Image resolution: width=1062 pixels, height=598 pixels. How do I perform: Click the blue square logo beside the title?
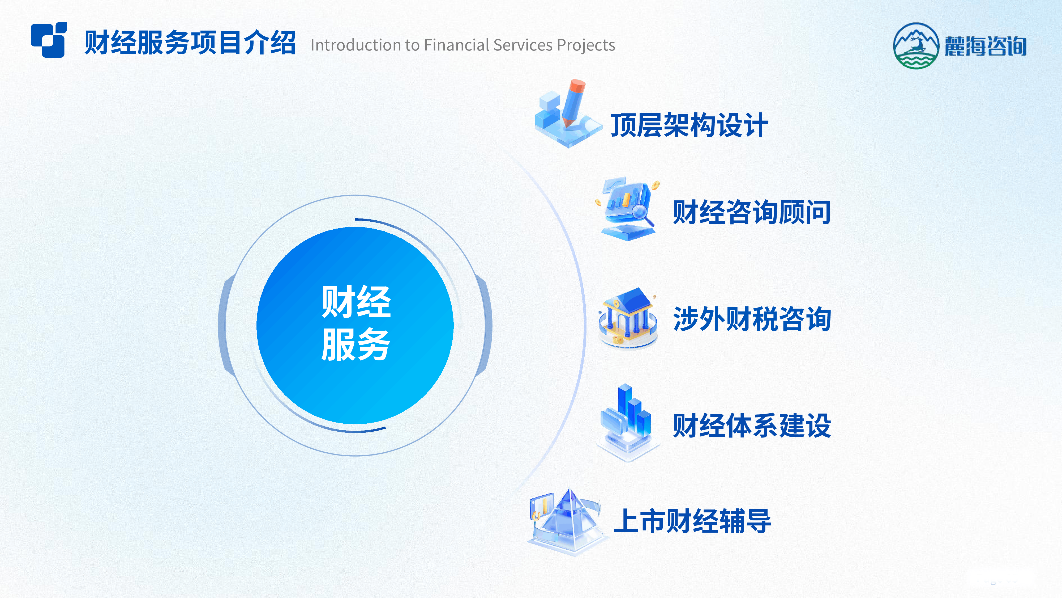click(x=49, y=40)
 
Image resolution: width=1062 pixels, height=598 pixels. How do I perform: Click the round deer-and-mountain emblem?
click(x=916, y=45)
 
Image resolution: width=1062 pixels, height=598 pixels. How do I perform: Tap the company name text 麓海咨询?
click(x=985, y=46)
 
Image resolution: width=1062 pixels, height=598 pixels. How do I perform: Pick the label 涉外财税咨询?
click(x=752, y=319)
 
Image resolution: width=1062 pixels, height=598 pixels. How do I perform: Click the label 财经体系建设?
click(x=752, y=426)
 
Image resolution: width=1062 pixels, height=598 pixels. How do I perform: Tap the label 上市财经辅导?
click(x=692, y=521)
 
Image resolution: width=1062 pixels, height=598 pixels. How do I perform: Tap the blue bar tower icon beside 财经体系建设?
click(x=627, y=423)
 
